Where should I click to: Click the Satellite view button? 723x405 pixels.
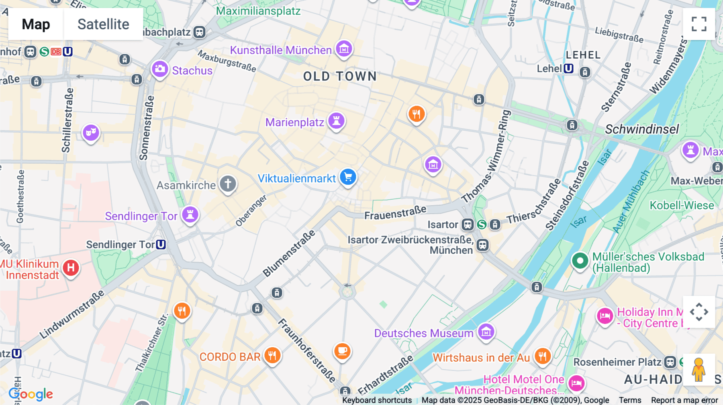click(x=103, y=24)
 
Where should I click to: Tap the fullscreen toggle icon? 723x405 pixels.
click(x=699, y=24)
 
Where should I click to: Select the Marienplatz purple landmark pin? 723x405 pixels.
click(x=337, y=121)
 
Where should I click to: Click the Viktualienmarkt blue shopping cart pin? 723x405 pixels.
click(x=348, y=177)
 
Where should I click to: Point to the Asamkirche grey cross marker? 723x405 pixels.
click(x=228, y=184)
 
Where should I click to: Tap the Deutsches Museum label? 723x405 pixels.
click(x=424, y=333)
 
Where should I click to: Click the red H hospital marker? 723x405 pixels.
click(x=71, y=267)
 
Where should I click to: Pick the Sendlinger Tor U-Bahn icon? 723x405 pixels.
click(x=161, y=244)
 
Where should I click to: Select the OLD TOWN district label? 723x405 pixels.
click(x=340, y=76)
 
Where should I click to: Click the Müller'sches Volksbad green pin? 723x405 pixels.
click(x=580, y=261)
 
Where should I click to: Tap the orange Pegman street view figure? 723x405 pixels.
click(x=698, y=370)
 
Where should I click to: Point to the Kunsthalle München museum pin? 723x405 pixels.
click(x=344, y=49)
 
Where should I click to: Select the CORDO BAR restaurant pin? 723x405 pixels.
click(x=272, y=355)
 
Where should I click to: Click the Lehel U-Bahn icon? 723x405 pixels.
click(x=568, y=69)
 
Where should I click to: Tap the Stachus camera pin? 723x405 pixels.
click(x=160, y=69)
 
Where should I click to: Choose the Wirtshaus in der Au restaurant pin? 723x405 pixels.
click(x=542, y=356)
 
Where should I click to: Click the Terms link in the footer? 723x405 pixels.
click(x=630, y=400)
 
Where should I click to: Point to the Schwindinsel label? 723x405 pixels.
click(x=642, y=129)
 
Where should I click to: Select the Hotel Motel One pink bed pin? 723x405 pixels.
click(x=576, y=383)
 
